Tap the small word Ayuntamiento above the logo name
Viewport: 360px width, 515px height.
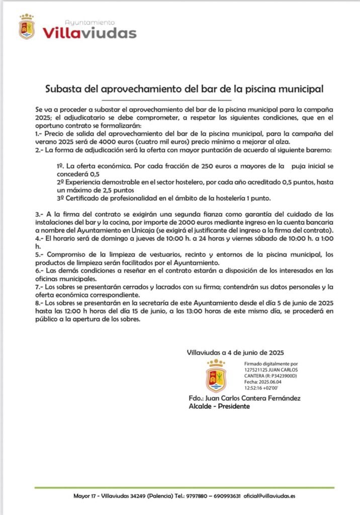(89, 23)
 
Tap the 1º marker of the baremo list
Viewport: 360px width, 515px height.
(60, 165)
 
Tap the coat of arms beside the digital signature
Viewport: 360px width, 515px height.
(216, 376)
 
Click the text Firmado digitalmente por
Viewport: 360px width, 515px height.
(271, 363)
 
